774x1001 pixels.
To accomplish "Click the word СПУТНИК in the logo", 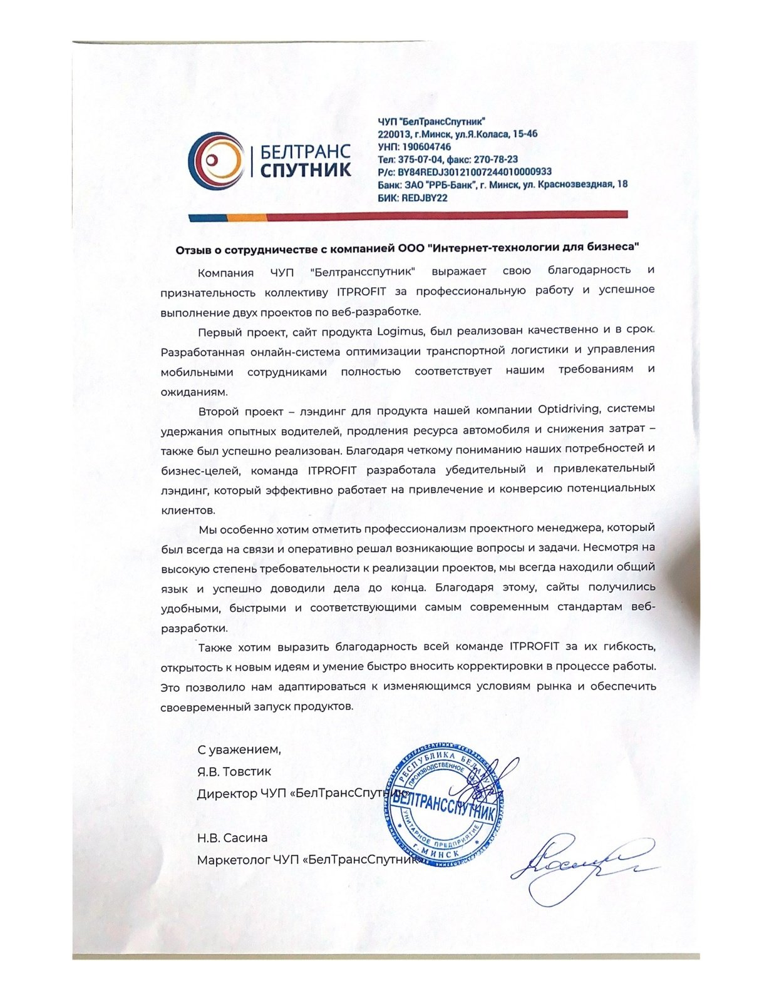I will (305, 170).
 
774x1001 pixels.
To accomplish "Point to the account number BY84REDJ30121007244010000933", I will (474, 172).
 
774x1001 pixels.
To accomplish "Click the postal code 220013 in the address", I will (393, 134).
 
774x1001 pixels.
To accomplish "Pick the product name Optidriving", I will (569, 410).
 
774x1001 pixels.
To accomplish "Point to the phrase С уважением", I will (239, 749).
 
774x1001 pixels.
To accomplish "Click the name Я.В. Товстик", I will (234, 771).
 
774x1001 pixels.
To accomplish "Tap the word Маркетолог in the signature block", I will (233, 860).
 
